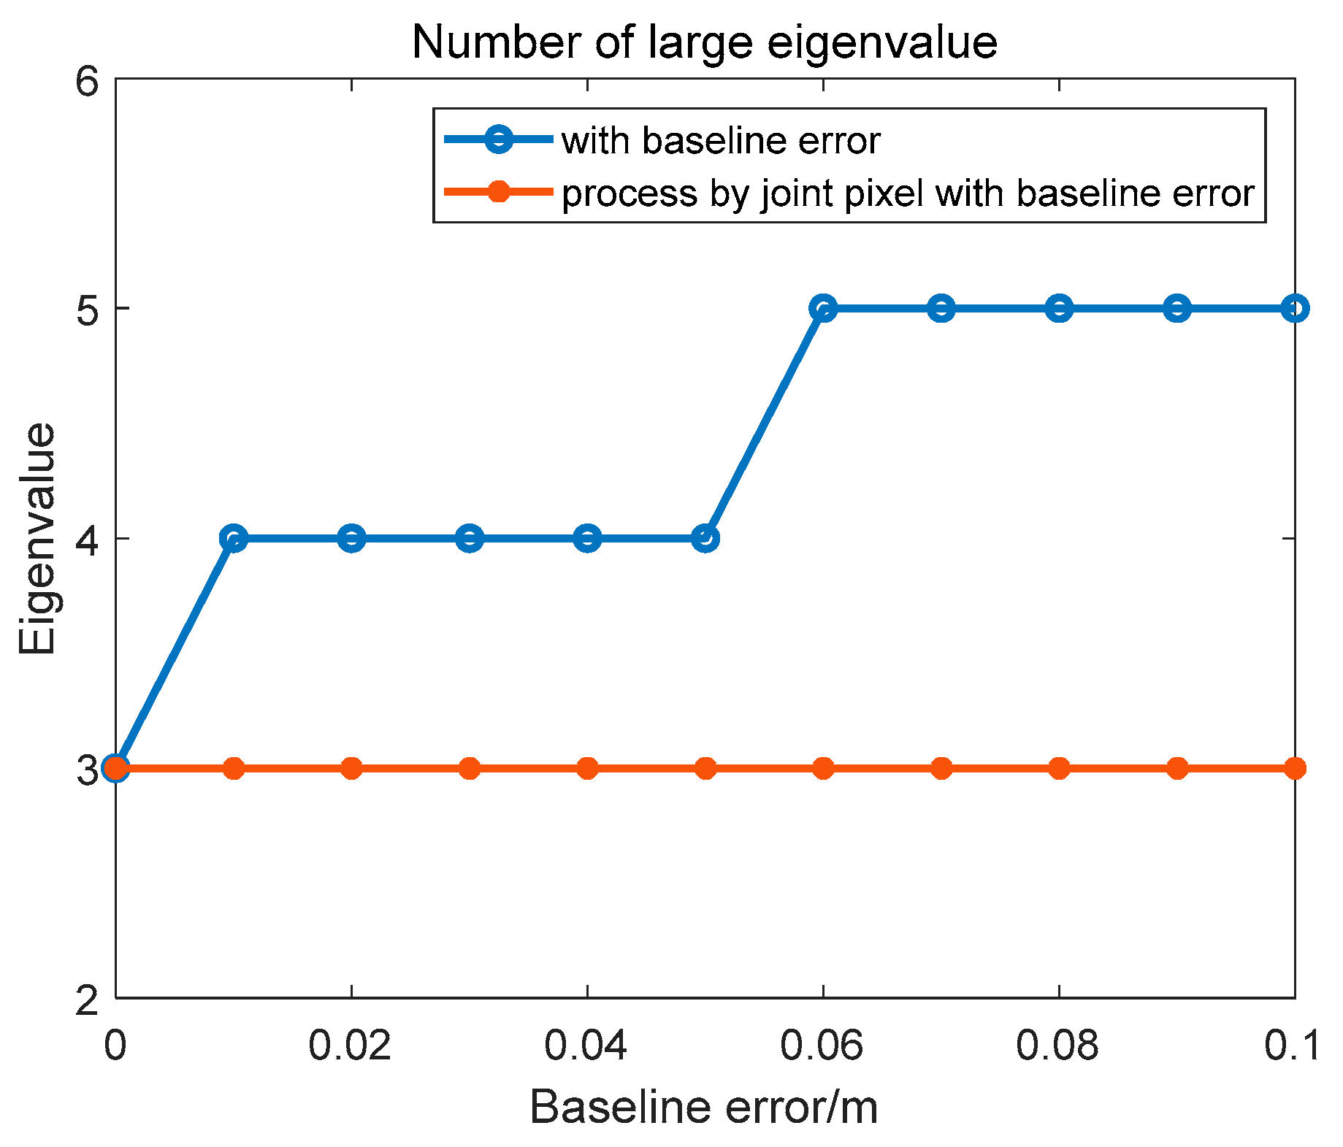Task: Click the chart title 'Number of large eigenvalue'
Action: point(704,42)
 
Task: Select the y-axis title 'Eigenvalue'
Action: point(38,539)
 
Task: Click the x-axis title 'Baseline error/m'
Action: point(703,1107)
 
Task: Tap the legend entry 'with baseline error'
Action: point(720,140)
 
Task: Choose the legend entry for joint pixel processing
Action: point(908,193)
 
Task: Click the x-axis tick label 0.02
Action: point(351,1046)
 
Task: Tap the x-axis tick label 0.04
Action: point(586,1046)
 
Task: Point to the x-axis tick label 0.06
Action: point(822,1046)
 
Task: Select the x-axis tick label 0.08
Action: point(1058,1046)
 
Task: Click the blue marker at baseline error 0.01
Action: point(234,539)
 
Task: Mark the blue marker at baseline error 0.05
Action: point(705,539)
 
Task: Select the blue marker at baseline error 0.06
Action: point(823,308)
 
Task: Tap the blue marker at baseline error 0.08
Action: point(1059,308)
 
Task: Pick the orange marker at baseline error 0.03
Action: point(470,768)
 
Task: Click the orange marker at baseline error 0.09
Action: point(1177,768)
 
